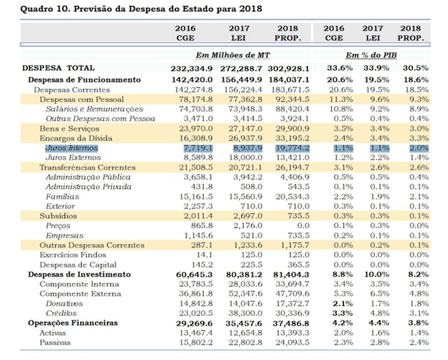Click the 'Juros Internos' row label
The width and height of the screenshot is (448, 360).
coord(70,150)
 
